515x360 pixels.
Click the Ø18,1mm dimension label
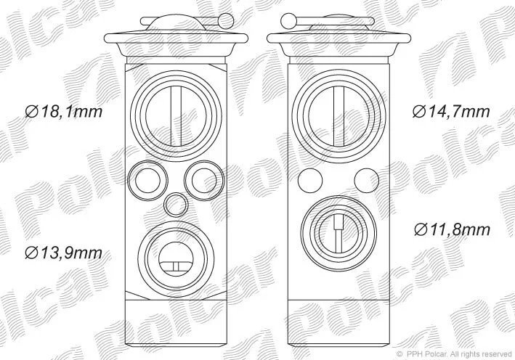tap(64, 112)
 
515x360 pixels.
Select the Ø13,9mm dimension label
tap(64, 253)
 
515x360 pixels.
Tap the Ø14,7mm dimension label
tap(451, 112)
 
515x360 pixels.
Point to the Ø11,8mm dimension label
tap(452, 229)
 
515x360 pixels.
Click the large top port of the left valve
tap(176, 116)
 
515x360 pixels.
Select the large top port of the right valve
tap(338, 116)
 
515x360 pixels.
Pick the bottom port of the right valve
tap(338, 234)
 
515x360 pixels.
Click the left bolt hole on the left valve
tap(147, 179)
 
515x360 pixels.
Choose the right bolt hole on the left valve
tap(204, 179)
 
